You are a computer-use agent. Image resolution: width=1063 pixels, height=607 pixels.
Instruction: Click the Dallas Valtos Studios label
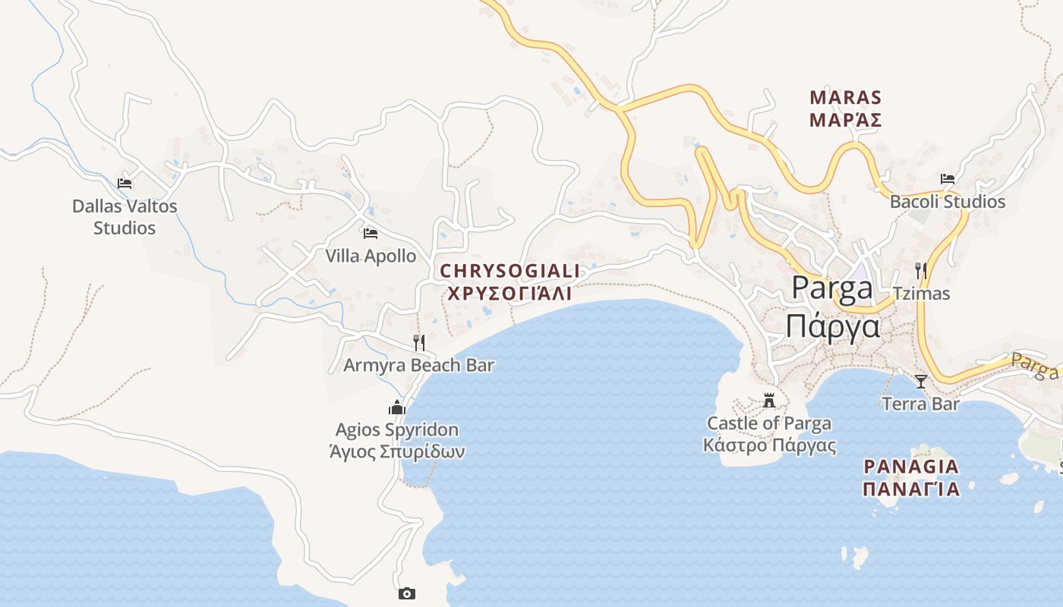pos(125,216)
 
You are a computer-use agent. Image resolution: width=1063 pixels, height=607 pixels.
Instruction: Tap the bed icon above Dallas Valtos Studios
pos(125,183)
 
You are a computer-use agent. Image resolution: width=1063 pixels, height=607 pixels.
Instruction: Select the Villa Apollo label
pos(371,256)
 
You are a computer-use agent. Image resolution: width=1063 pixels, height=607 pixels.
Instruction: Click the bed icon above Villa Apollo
pos(371,233)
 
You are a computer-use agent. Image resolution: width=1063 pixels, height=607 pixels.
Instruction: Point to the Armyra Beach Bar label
pos(418,365)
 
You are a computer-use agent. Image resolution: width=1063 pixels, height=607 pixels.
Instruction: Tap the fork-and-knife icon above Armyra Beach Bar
pos(418,342)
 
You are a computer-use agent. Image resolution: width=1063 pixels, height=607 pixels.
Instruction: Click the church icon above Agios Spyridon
pos(397,408)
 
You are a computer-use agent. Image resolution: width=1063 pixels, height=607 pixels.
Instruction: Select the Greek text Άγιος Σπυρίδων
pos(397,452)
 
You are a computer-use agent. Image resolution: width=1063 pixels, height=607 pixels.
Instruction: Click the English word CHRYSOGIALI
pos(510,271)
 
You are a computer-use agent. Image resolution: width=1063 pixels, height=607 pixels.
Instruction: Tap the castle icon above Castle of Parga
pos(770,400)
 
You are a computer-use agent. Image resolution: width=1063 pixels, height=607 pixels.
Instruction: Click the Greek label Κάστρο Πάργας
pos(770,445)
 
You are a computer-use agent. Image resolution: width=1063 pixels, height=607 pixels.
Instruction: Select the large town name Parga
pos(832,288)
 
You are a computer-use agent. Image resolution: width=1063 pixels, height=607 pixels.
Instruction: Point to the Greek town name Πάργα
pos(832,327)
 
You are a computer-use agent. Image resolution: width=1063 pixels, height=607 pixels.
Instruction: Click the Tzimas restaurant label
pos(921,294)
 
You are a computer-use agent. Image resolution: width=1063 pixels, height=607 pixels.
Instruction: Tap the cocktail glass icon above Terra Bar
pos(921,381)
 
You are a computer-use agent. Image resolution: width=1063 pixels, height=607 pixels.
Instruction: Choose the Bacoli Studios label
pos(948,202)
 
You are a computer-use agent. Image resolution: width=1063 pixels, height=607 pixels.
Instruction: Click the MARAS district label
pos(845,97)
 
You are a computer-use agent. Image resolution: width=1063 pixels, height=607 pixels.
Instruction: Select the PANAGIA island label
pos(911,466)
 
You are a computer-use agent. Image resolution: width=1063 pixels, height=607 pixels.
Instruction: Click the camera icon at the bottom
pos(407,593)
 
